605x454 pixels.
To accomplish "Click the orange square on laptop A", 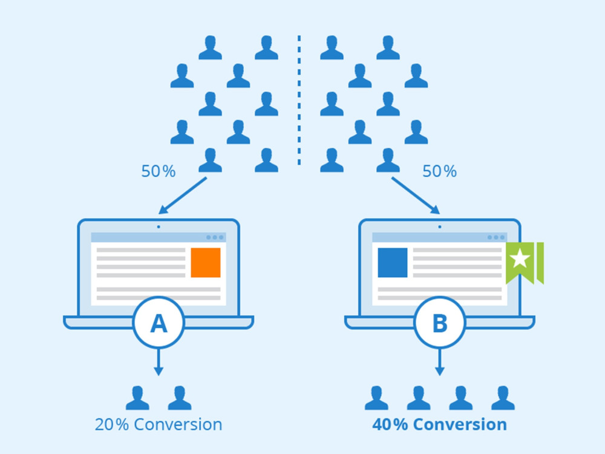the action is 206,263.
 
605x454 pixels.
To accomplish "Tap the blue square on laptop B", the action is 393,263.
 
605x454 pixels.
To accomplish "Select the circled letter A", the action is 159,323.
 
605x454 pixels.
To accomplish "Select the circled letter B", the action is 440,323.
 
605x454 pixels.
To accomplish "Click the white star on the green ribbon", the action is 520,258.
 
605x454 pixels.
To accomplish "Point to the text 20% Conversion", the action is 159,424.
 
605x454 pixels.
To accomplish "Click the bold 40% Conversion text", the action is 439,424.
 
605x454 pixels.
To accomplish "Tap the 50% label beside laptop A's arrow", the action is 158,171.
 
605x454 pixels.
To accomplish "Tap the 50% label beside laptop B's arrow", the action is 439,171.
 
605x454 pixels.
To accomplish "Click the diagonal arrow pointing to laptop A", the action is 183,196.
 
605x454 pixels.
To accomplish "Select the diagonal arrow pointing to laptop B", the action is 416,196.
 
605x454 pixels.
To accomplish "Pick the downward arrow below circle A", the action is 159,362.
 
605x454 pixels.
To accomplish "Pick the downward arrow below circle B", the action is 440,362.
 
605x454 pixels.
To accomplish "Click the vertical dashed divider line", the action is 299,100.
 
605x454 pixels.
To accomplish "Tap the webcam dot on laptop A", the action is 159,227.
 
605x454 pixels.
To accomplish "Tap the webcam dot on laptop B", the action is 440,227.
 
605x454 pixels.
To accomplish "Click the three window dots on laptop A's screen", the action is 215,237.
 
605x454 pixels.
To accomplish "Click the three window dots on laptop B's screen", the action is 496,237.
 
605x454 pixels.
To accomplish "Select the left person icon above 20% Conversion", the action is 137,398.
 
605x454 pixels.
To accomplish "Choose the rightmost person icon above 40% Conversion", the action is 503,398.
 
